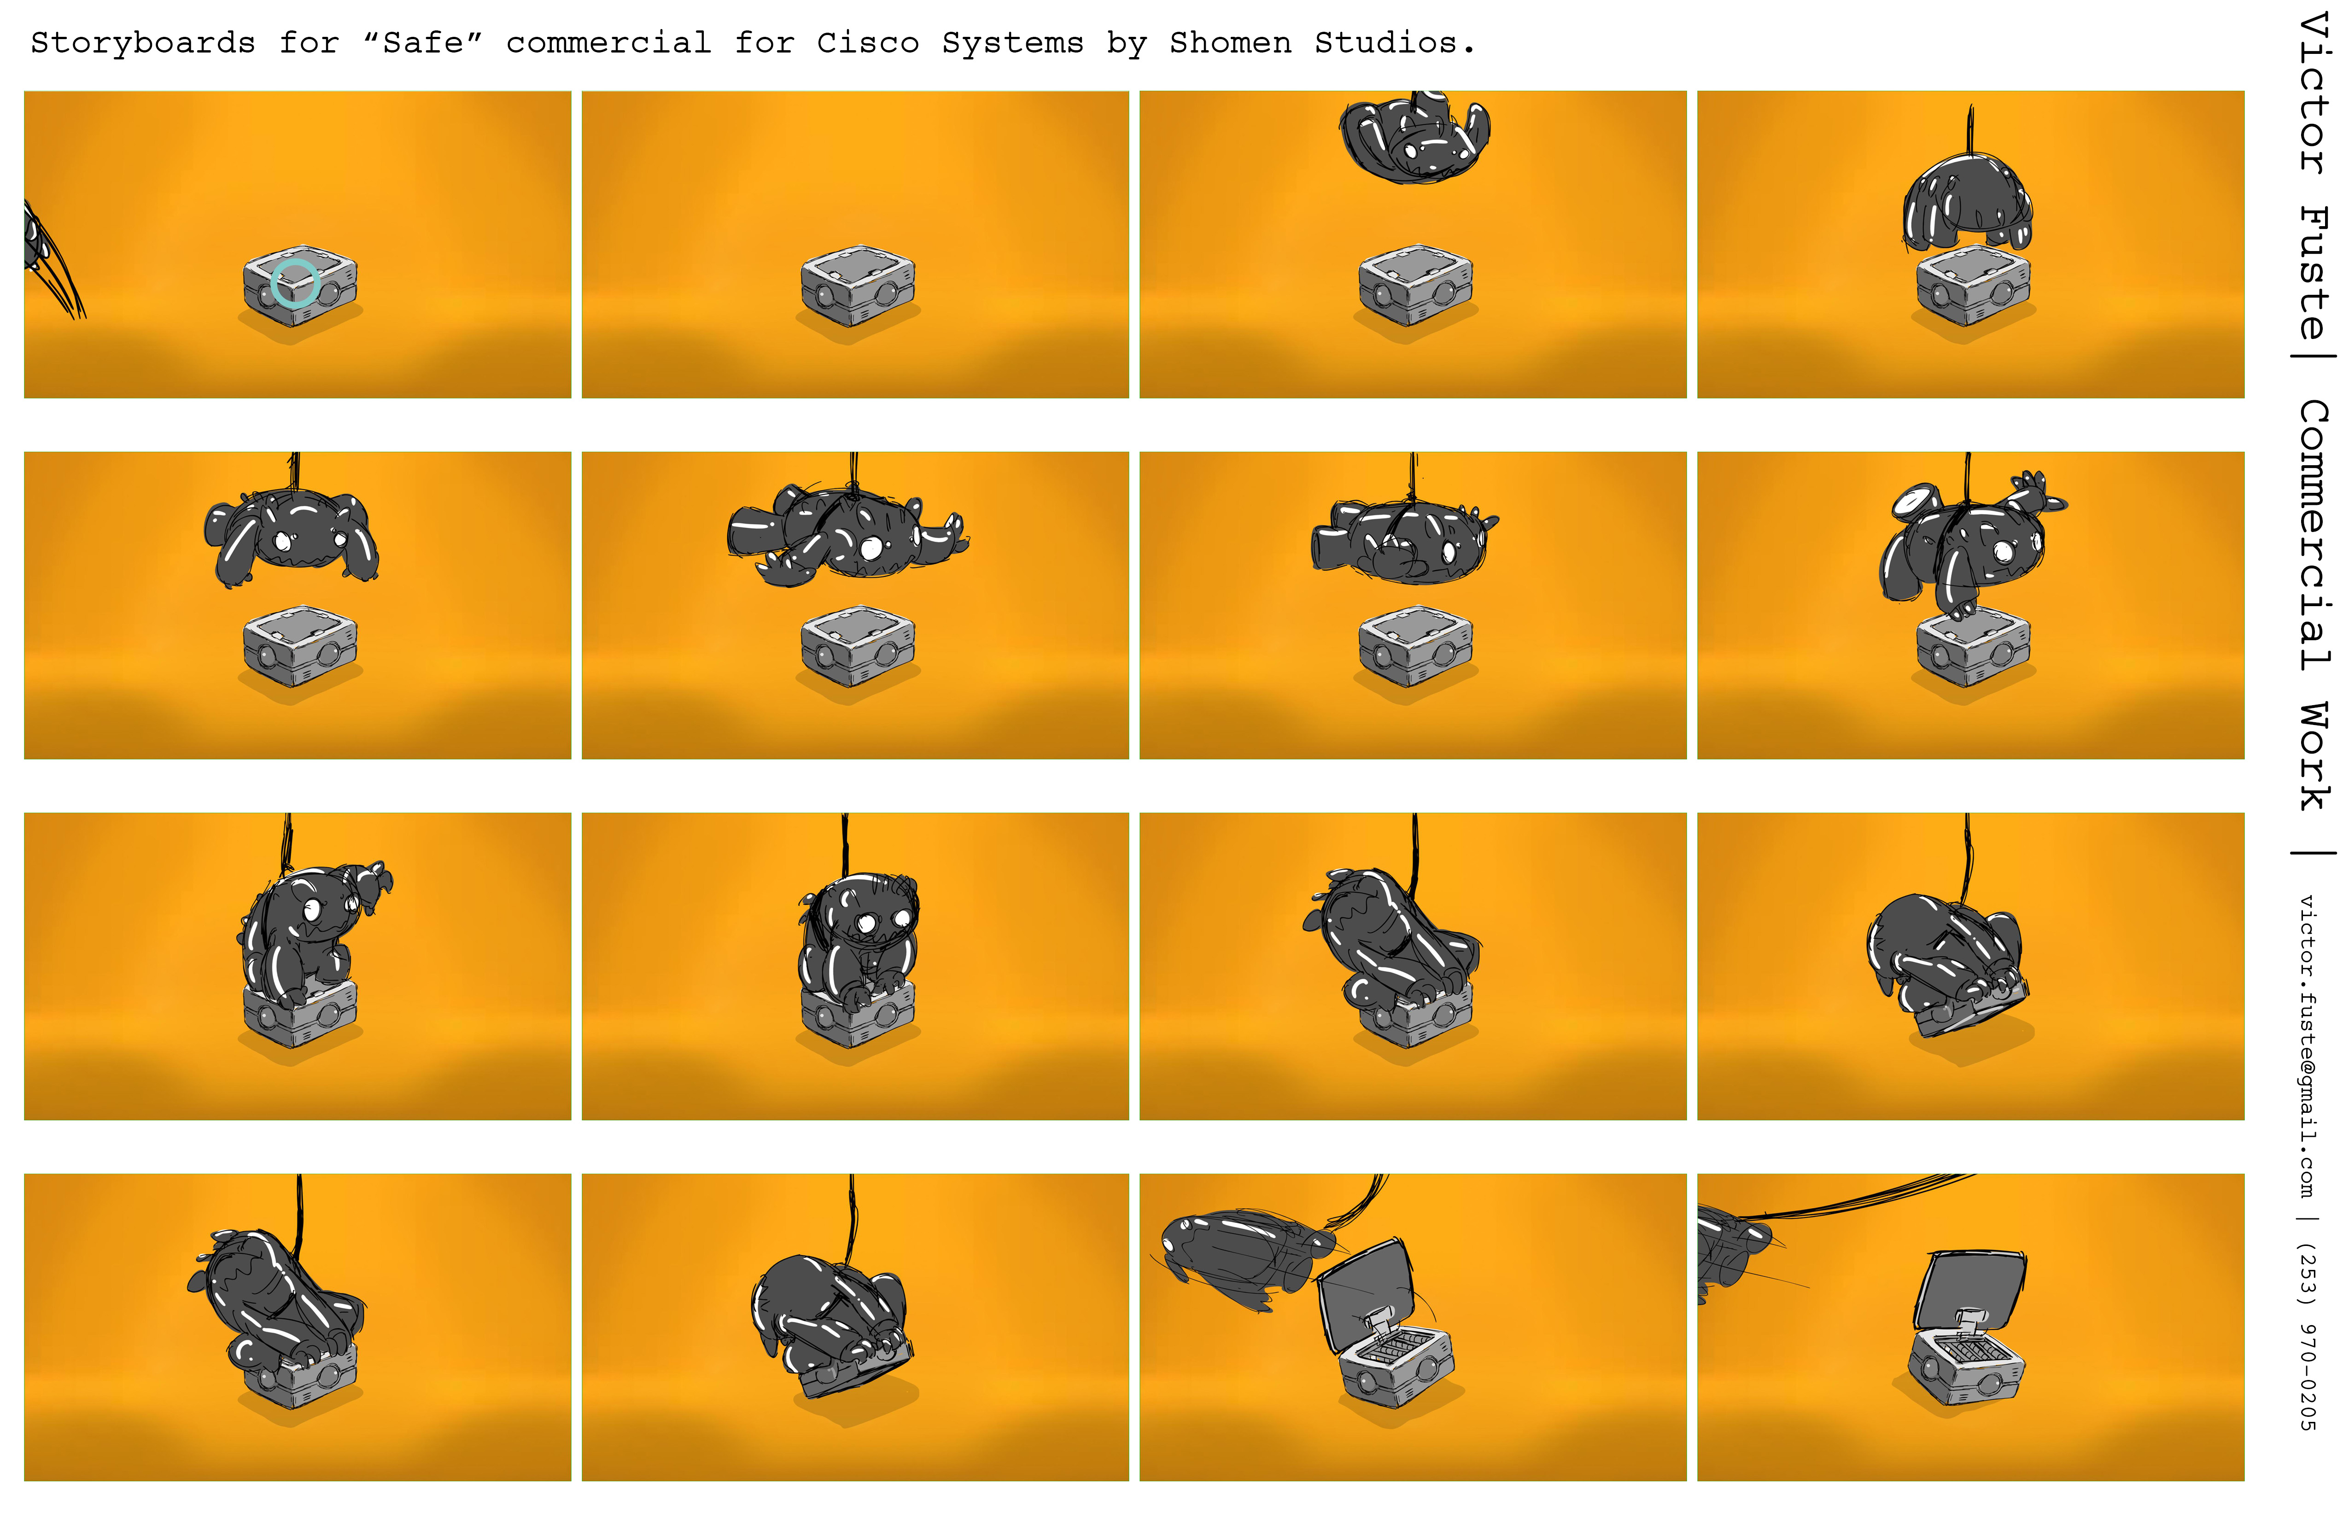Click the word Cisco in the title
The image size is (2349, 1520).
click(868, 43)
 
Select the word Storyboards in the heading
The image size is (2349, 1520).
click(143, 43)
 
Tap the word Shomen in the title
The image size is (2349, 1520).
click(1231, 43)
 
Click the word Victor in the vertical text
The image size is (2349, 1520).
click(2314, 94)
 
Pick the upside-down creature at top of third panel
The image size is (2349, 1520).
click(1414, 136)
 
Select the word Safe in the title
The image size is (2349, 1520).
click(422, 43)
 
